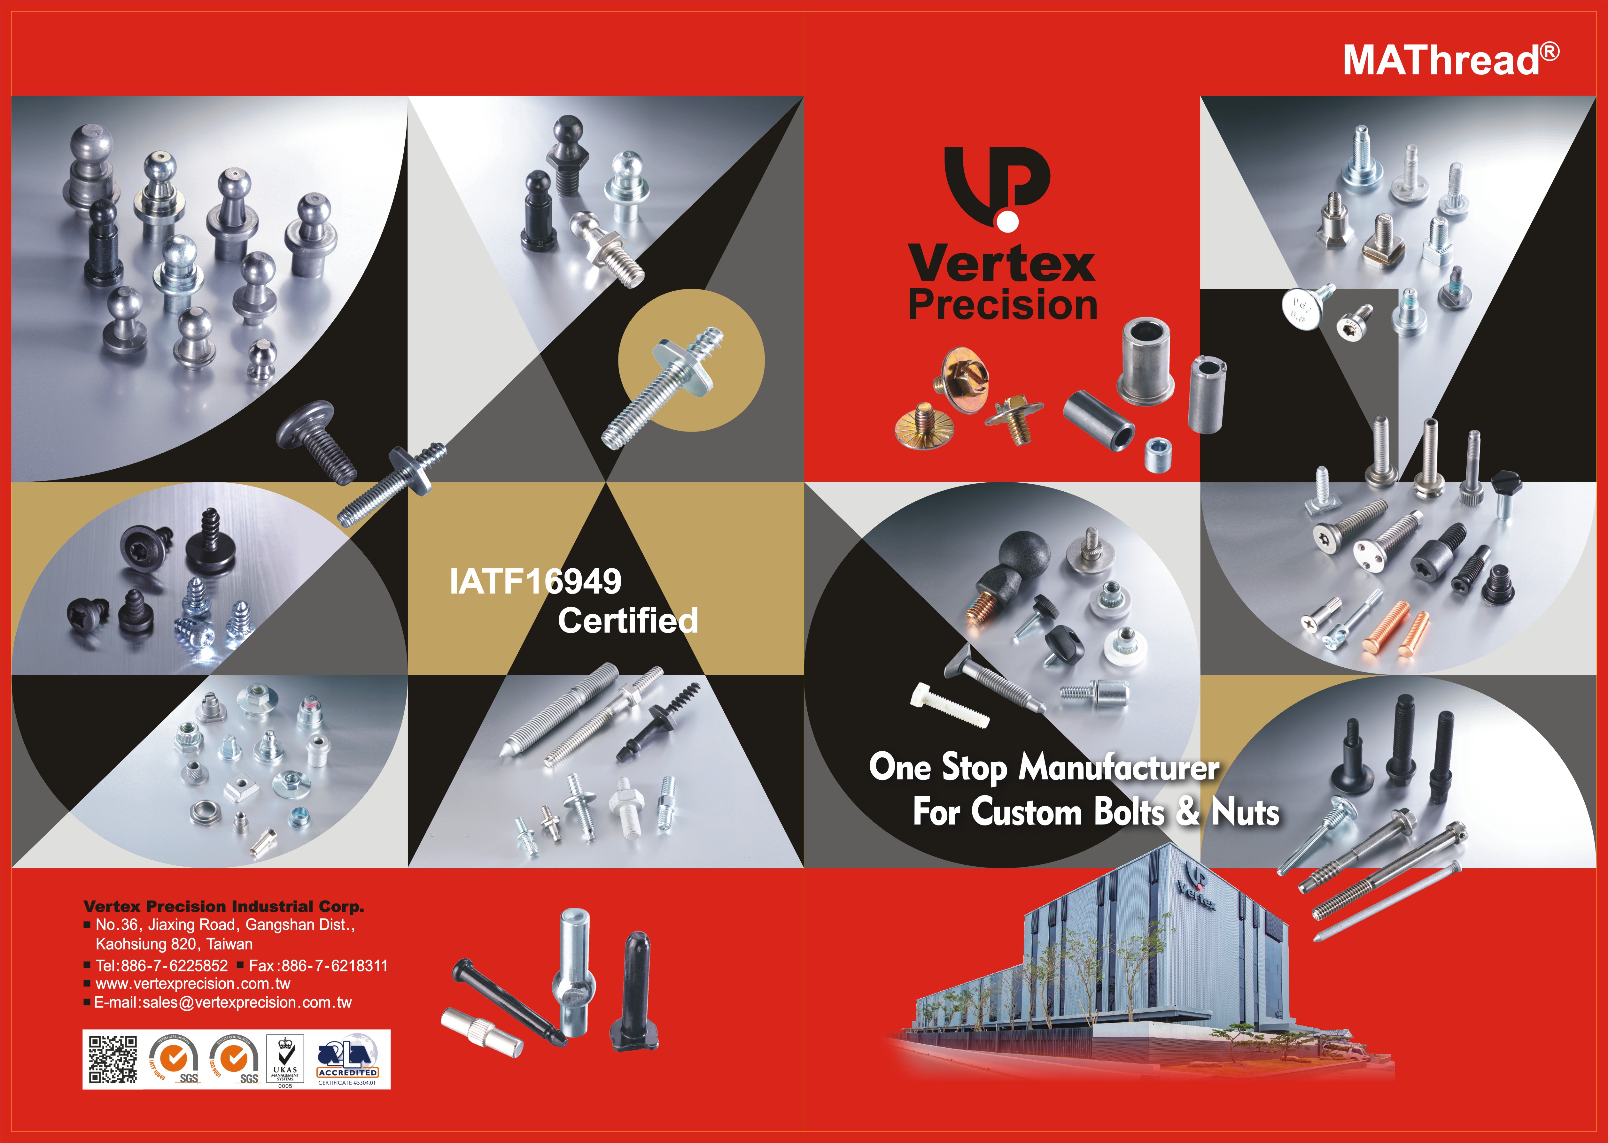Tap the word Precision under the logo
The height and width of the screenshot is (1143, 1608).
tap(1003, 305)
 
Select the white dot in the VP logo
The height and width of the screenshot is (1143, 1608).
tap(1007, 222)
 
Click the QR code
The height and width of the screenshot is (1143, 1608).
tap(113, 1059)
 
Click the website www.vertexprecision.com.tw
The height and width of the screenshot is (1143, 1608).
tap(192, 984)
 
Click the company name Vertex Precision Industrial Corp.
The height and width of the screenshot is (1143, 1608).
tap(223, 907)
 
